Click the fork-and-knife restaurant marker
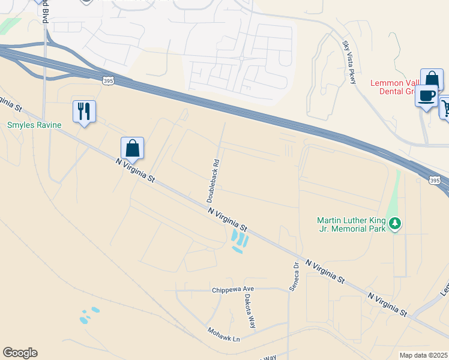[84, 112]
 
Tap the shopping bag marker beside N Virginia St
[132, 149]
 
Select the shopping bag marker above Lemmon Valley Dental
[431, 80]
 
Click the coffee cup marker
[426, 97]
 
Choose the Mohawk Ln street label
[224, 335]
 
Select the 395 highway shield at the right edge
[435, 180]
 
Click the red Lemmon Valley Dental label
[409, 88]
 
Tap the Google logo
[20, 353]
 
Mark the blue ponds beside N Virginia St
[238, 241]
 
